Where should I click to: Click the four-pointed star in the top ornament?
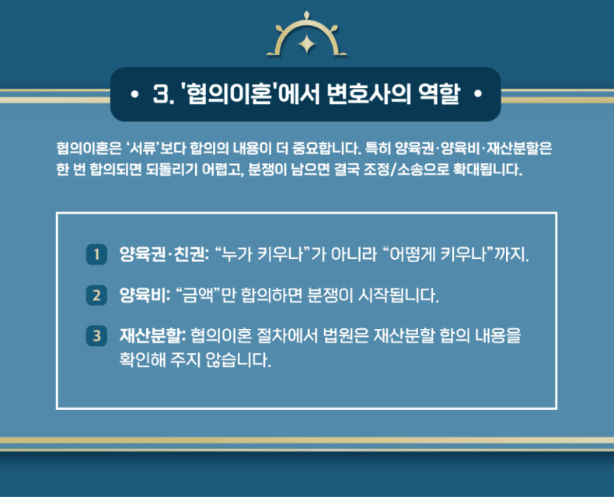click(x=307, y=44)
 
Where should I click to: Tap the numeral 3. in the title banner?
click(x=163, y=94)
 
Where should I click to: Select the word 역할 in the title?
click(x=439, y=94)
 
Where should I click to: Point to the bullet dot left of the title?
click(x=134, y=94)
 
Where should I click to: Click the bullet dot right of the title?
click(x=478, y=94)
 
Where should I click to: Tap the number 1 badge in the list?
click(x=96, y=255)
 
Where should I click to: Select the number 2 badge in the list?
click(x=96, y=295)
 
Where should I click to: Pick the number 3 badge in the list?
click(x=96, y=336)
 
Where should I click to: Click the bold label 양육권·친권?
click(x=164, y=255)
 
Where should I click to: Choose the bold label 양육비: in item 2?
click(x=145, y=295)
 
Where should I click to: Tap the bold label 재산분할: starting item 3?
click(x=152, y=336)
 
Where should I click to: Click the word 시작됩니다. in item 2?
click(x=399, y=295)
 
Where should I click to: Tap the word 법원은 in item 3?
click(x=346, y=336)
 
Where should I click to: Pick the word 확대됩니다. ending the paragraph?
click(x=487, y=170)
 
